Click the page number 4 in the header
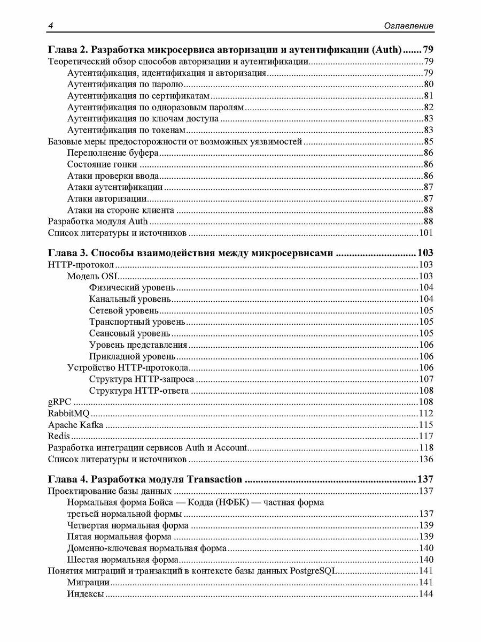tap(50, 26)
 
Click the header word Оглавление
tap(409, 26)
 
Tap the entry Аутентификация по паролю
tap(126, 84)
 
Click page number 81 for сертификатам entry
tap(428, 96)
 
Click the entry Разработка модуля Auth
tap(98, 221)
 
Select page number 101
tap(425, 233)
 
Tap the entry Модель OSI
tap(92, 276)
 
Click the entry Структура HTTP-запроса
tap(142, 379)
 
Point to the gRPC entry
tap(59, 402)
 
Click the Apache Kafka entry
tap(75, 425)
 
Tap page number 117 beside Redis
tap(425, 436)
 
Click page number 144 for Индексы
tap(425, 594)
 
